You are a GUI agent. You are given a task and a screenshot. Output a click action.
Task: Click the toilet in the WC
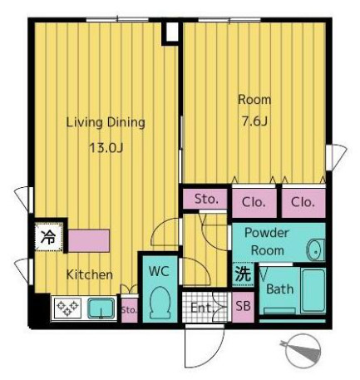[160, 303]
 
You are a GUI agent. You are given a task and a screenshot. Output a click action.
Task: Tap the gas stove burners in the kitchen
[67, 308]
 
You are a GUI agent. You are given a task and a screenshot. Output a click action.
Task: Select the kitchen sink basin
[101, 308]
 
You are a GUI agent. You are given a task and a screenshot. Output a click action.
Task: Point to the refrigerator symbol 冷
[48, 237]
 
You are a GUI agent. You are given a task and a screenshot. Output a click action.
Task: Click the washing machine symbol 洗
[243, 274]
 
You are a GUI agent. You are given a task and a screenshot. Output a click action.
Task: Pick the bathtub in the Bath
[313, 290]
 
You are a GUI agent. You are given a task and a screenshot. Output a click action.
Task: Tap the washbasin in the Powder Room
[316, 249]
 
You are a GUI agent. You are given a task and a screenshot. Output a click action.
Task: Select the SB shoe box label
[243, 306]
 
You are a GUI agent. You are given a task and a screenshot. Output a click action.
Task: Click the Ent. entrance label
[201, 308]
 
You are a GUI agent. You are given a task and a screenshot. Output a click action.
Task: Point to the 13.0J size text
[106, 148]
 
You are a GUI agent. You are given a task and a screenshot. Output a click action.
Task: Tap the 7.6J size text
[254, 121]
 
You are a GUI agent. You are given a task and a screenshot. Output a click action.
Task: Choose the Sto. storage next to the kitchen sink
[129, 310]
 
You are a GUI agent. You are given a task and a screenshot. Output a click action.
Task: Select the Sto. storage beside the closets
[205, 199]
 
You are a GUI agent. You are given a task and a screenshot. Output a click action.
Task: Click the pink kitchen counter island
[89, 240]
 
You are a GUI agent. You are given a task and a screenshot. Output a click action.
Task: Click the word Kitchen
[90, 274]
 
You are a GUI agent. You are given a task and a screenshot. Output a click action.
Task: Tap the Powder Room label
[267, 241]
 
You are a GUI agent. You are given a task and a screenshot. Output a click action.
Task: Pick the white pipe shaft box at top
[172, 32]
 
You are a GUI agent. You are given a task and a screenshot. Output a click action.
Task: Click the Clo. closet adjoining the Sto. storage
[254, 202]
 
